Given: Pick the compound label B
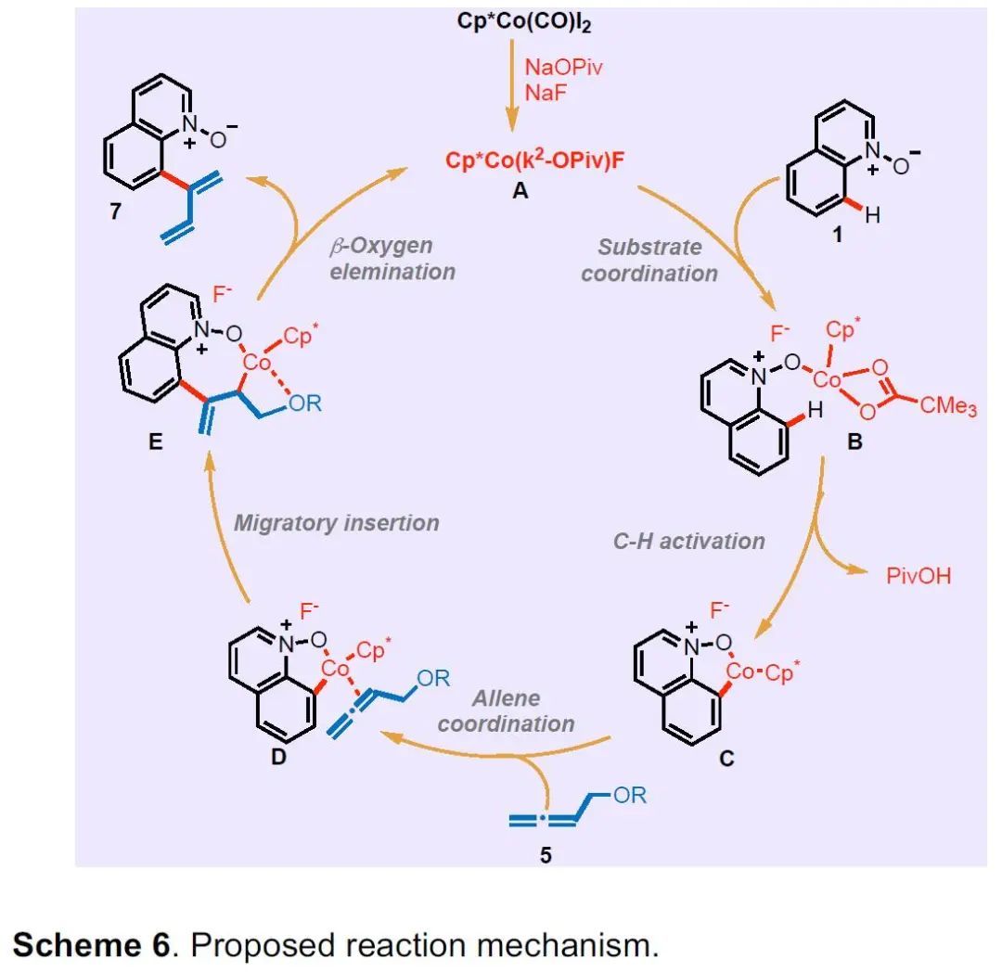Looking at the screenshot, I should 854,442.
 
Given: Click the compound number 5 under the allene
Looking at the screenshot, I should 546,854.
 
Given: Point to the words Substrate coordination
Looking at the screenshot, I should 657,260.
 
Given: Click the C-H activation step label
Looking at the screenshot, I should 689,542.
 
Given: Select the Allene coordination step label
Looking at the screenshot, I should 506,710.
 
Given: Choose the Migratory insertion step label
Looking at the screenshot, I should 336,522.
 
